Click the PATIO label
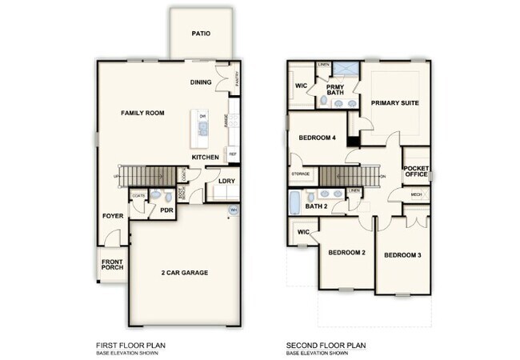pos(201,34)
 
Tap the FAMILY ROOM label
pos(142,114)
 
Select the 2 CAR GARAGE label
pos(183,273)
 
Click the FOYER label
pos(112,216)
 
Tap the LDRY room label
pos(226,182)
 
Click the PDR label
pos(166,210)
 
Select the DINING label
pos(201,82)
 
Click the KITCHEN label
pos(206,158)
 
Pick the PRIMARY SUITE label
pos(395,103)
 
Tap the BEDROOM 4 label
pos(318,138)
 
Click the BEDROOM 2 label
pos(346,253)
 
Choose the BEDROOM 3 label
pos(402,255)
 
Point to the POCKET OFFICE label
pos(417,171)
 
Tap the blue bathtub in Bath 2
pos(294,202)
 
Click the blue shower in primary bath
pos(346,69)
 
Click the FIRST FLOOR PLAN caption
pos(130,346)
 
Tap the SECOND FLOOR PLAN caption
pos(326,346)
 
